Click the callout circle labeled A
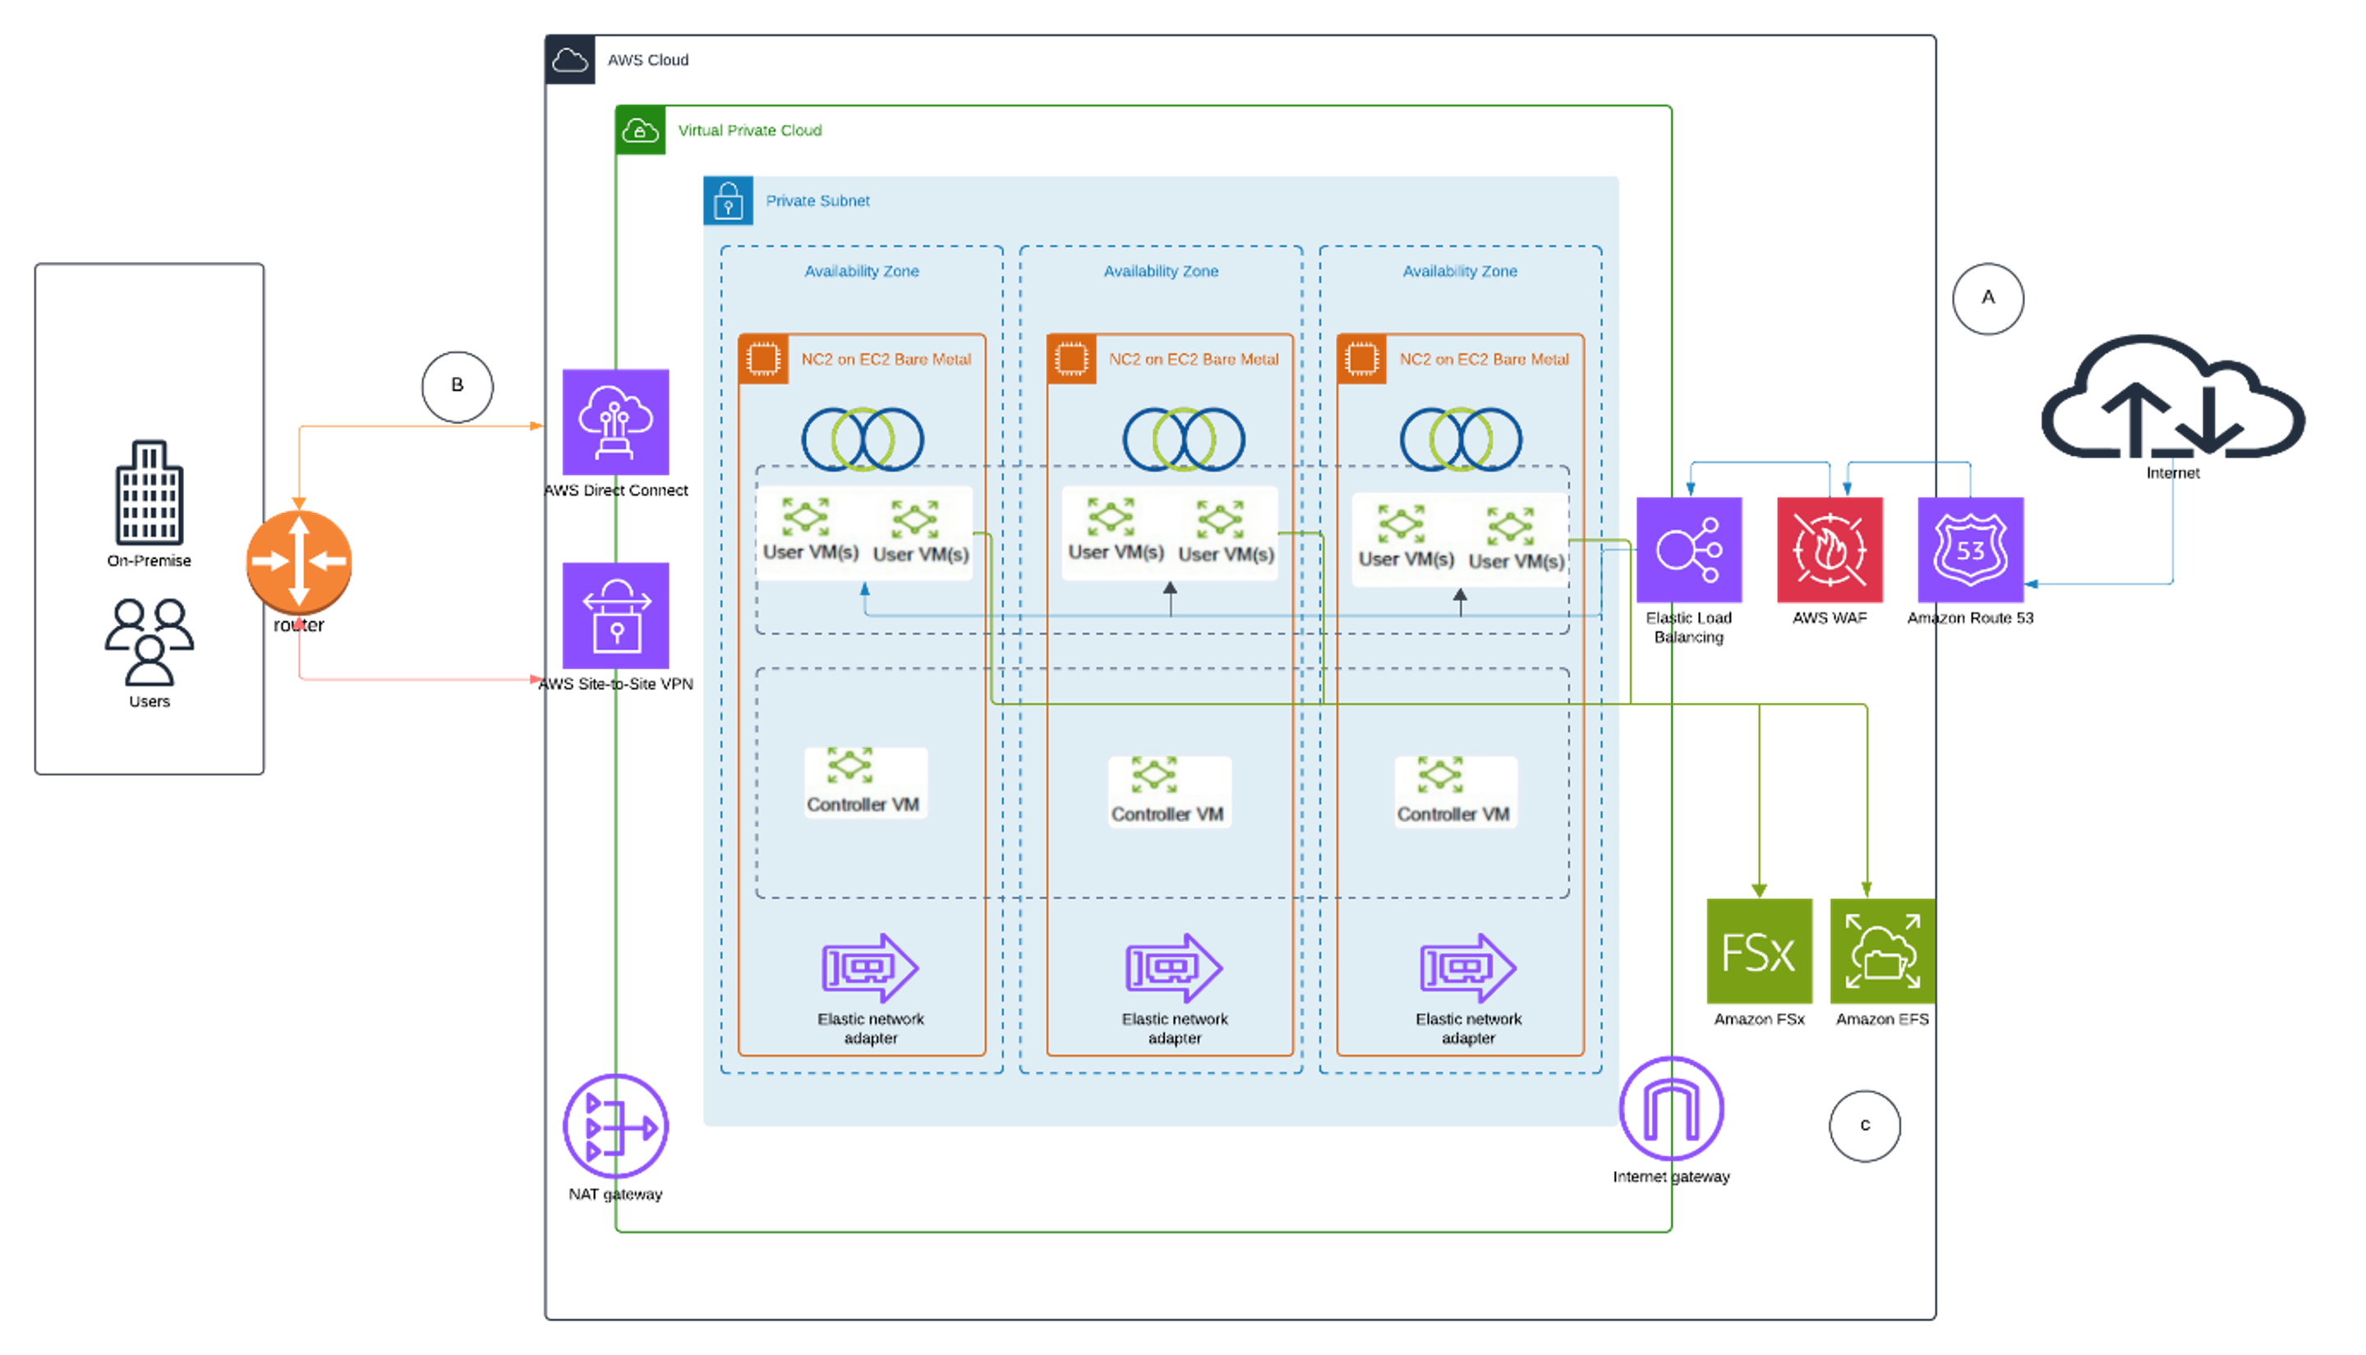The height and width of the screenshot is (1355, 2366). (1987, 299)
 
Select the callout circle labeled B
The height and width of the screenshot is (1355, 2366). (457, 386)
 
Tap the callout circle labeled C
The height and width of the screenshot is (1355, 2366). (1864, 1126)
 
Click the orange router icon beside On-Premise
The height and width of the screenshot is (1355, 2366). (299, 561)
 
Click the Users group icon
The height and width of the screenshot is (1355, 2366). (149, 642)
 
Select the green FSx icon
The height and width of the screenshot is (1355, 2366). (1759, 951)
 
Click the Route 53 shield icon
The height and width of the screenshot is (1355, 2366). (1970, 550)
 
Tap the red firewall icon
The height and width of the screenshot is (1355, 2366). (1830, 550)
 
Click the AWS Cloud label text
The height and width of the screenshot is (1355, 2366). (648, 61)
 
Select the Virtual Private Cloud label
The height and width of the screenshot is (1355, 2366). (749, 131)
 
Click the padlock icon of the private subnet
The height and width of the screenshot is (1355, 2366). (728, 201)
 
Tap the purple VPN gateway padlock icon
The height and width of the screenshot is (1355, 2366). (615, 615)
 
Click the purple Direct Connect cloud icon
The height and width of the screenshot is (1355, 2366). (615, 421)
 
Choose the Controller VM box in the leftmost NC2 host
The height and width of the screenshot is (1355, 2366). (866, 783)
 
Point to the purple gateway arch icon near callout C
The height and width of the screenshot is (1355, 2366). (1671, 1109)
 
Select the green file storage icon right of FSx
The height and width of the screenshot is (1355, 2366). (1881, 951)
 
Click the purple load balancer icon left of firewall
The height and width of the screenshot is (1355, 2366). (1689, 550)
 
